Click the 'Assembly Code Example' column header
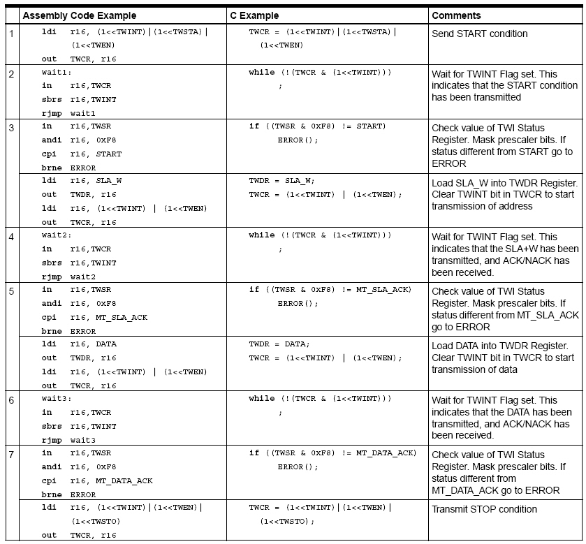pyautogui.click(x=79, y=15)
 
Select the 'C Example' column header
pyautogui.click(x=254, y=15)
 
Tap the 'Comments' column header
pyautogui.click(x=456, y=15)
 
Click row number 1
pyautogui.click(x=11, y=34)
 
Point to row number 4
pyautogui.click(x=11, y=237)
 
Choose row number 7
pyautogui.click(x=11, y=455)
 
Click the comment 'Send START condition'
pyautogui.click(x=479, y=34)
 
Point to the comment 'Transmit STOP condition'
pyautogui.click(x=484, y=509)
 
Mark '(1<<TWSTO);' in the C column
pyautogui.click(x=287, y=521)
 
